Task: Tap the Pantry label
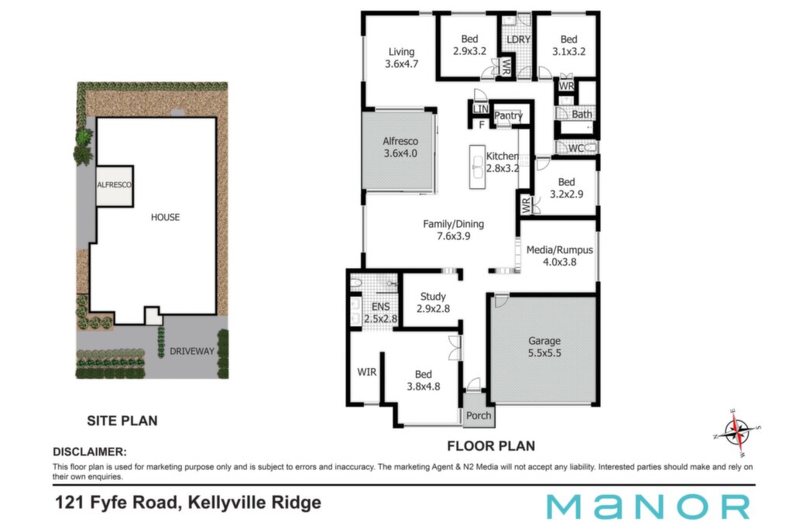(x=508, y=115)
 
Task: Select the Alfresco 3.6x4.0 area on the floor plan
(x=400, y=150)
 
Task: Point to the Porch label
(x=479, y=415)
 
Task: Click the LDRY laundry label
(x=518, y=40)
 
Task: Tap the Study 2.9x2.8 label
(x=433, y=302)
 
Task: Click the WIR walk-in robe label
(x=366, y=373)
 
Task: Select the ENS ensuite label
(x=380, y=307)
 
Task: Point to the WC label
(x=576, y=148)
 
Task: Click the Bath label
(x=582, y=115)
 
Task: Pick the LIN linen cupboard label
(x=480, y=108)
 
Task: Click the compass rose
(x=737, y=431)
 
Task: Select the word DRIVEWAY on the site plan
(x=192, y=351)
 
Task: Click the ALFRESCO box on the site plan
(x=115, y=185)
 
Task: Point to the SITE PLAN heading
(x=122, y=421)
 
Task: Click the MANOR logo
(x=648, y=507)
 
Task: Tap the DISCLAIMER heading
(x=90, y=452)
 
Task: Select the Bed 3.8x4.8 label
(x=424, y=380)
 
